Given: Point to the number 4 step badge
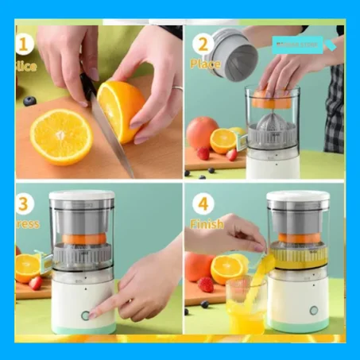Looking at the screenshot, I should pos(203,204).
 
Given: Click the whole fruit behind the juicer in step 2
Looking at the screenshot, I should pos(203,131).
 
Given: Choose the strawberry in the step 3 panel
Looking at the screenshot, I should pos(35,281).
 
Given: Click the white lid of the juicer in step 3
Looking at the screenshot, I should pos(81,195).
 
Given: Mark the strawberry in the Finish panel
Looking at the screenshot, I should pos(206,284).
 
